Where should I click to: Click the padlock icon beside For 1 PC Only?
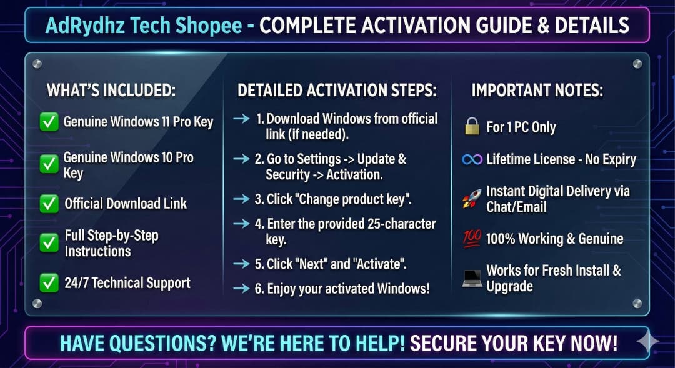point(472,127)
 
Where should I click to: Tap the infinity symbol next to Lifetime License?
point(472,159)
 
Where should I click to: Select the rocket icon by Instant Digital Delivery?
point(472,199)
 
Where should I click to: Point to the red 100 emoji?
point(472,238)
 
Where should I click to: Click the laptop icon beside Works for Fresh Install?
point(472,278)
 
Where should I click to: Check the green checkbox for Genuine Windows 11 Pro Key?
point(49,122)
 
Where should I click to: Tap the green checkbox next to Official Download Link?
point(49,204)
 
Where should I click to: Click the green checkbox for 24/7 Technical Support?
point(49,283)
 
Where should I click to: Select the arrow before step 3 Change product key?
point(242,199)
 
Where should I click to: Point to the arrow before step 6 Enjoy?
point(242,289)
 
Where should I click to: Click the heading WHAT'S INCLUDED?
point(111,91)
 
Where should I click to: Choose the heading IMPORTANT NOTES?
point(537,91)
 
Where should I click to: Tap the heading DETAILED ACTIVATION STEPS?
point(337,91)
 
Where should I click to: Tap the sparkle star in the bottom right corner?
point(648,341)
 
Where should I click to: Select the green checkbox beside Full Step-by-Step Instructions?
point(49,243)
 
